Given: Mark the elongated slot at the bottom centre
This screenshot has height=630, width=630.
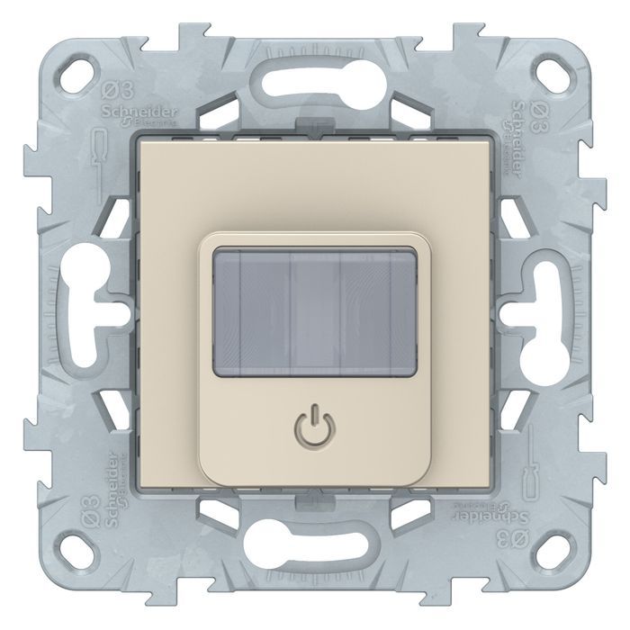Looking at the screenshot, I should [x=314, y=550].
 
